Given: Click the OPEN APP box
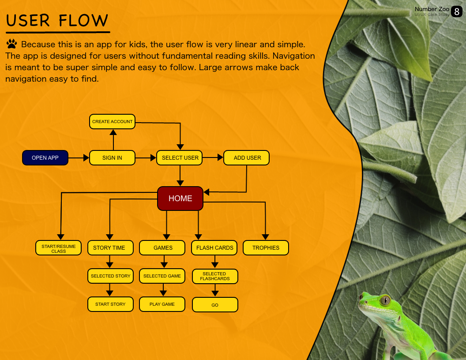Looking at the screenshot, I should [x=45, y=158].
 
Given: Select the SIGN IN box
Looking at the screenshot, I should [x=112, y=158].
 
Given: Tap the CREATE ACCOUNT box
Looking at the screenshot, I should [x=112, y=122].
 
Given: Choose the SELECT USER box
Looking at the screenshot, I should [x=180, y=158].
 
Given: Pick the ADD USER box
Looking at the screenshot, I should [x=247, y=158].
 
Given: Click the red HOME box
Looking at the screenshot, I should [x=180, y=199].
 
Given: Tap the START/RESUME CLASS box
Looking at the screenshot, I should [x=59, y=248].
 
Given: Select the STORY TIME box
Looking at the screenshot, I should [x=109, y=248].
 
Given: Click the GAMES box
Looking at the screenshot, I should [x=163, y=248].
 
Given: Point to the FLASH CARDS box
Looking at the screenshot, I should [x=214, y=248].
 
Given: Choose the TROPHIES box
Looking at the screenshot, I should [x=266, y=248].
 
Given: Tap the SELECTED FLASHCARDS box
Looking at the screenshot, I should [x=215, y=277].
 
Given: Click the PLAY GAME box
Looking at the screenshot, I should [x=162, y=304].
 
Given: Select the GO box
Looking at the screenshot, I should [x=215, y=305].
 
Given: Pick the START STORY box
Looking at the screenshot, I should [x=110, y=304].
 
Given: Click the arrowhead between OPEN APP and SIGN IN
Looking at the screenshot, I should [x=86, y=158].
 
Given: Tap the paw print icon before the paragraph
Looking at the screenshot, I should [x=12, y=44].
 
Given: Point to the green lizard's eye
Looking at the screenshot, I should [x=385, y=301].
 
